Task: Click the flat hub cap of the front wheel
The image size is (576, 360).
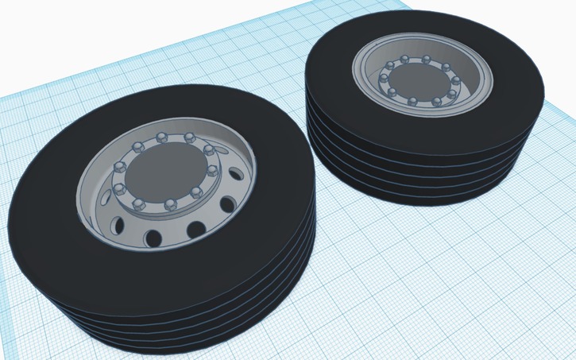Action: (x=164, y=172)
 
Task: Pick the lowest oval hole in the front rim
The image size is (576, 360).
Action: (x=151, y=236)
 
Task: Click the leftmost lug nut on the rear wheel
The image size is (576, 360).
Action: (x=382, y=79)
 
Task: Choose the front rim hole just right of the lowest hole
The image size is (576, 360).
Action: (x=193, y=230)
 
